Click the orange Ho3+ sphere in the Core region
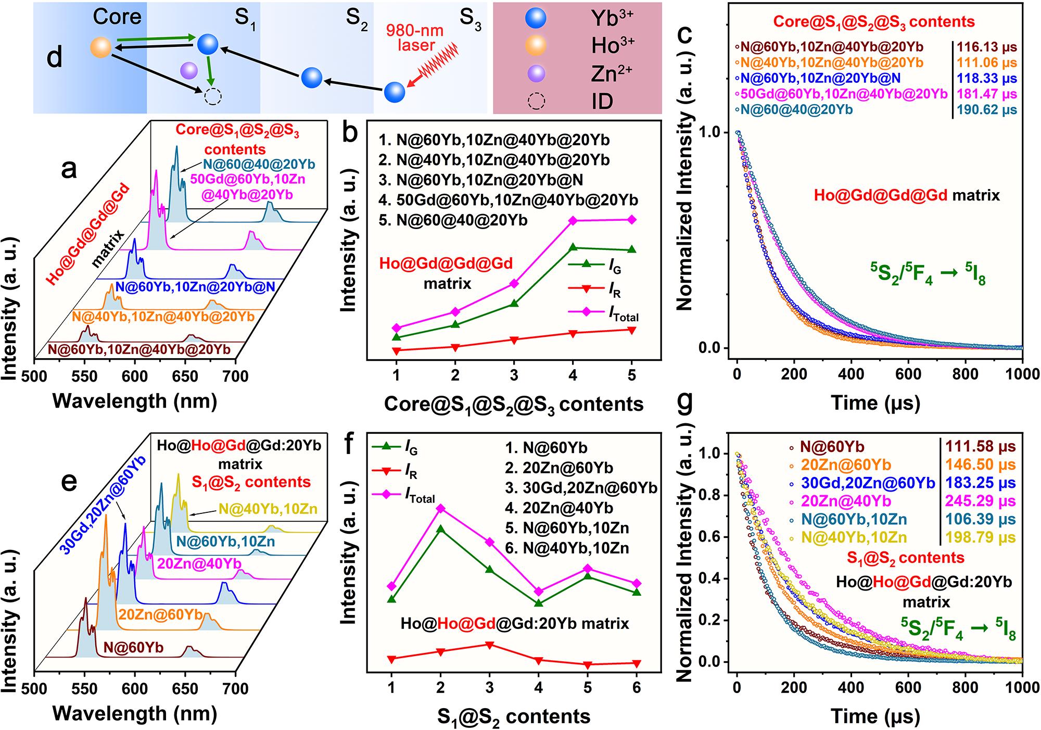pos(100,47)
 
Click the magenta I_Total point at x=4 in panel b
pos(573,221)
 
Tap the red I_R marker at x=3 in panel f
pos(489,645)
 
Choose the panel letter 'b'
pos(350,134)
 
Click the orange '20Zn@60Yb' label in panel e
pos(160,614)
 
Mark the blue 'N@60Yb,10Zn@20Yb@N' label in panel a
pos(195,287)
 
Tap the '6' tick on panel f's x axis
pos(636,688)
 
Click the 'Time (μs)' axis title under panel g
pos(875,716)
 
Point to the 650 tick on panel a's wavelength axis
pos(185,376)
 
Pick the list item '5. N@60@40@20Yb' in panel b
pos(454,220)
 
